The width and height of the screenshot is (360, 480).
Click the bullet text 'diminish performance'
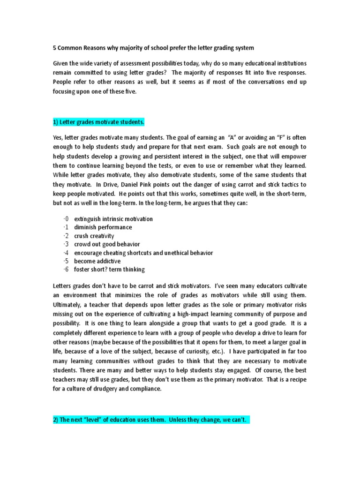(103, 227)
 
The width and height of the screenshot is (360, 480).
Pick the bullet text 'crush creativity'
(94, 236)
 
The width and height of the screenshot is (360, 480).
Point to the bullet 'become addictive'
(97, 261)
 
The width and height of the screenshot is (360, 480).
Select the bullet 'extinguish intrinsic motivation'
(113, 219)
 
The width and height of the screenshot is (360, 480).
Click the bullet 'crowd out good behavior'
(107, 244)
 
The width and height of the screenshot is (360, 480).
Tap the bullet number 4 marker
(66, 253)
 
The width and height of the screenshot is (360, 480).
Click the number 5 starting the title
(53, 48)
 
